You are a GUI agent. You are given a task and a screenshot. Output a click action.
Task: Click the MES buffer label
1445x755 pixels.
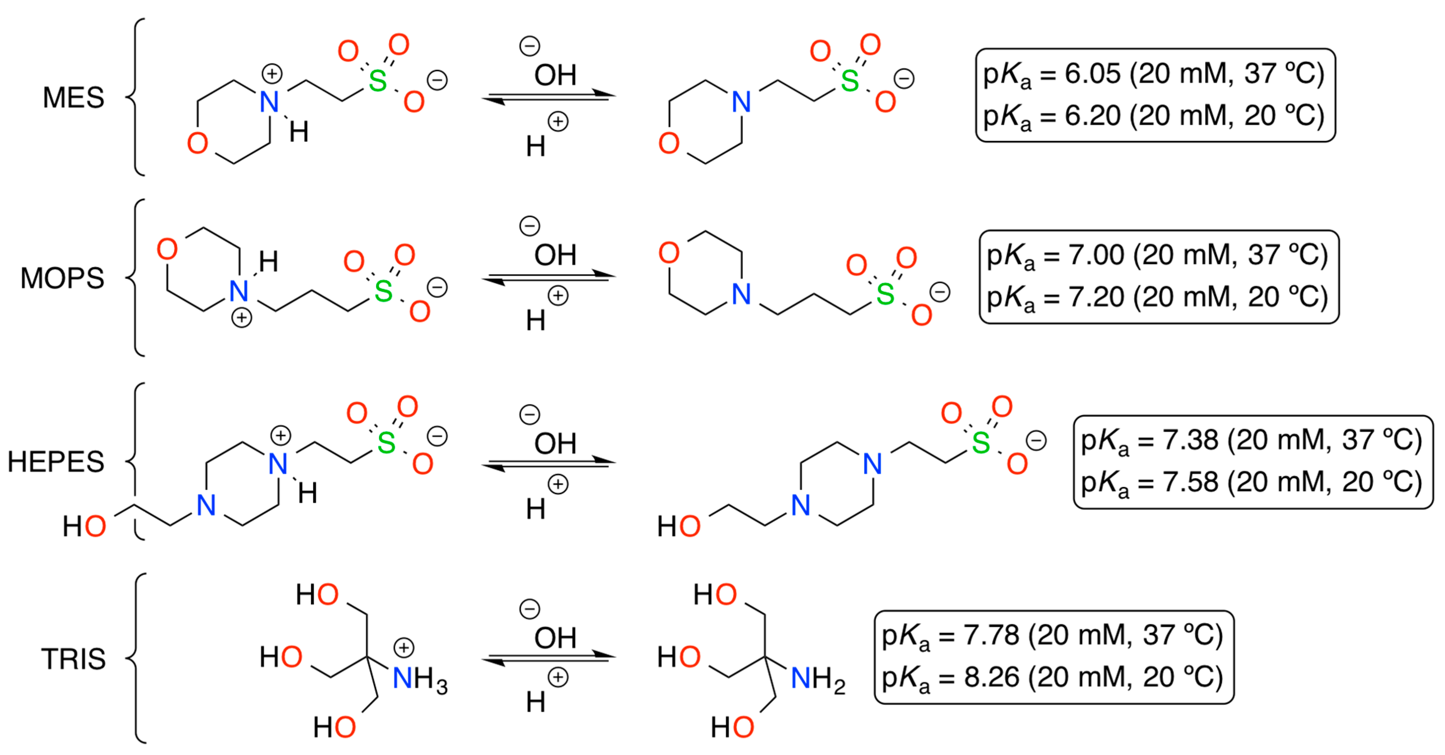[x=74, y=98]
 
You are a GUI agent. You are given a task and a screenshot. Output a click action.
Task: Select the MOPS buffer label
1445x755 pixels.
[x=62, y=278]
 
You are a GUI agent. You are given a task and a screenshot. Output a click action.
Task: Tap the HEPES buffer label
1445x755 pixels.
[x=56, y=461]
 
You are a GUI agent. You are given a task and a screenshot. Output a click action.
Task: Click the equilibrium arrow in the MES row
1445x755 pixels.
[x=549, y=97]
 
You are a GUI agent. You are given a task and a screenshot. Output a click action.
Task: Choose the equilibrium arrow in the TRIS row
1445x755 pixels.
[x=549, y=658]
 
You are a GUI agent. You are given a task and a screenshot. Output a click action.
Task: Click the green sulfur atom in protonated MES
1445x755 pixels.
[x=378, y=81]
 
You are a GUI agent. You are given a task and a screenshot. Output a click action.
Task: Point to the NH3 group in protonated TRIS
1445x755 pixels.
[x=420, y=679]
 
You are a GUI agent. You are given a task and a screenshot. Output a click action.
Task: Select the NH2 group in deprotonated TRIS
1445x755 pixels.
[x=817, y=679]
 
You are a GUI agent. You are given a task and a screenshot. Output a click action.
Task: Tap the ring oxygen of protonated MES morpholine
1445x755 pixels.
[x=198, y=143]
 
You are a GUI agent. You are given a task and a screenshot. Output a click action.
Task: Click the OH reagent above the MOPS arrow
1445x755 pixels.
[x=555, y=256]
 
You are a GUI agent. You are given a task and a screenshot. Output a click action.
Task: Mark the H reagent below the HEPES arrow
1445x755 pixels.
[x=536, y=509]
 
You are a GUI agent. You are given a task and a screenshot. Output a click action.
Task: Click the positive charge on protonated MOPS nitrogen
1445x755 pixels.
[x=242, y=318]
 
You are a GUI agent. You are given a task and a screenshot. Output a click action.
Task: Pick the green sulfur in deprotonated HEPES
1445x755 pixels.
[x=980, y=443]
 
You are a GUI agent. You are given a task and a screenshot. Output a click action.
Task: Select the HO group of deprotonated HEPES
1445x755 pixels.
[x=679, y=527]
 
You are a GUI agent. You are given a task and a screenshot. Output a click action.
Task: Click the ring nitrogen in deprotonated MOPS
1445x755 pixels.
[x=742, y=294]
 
